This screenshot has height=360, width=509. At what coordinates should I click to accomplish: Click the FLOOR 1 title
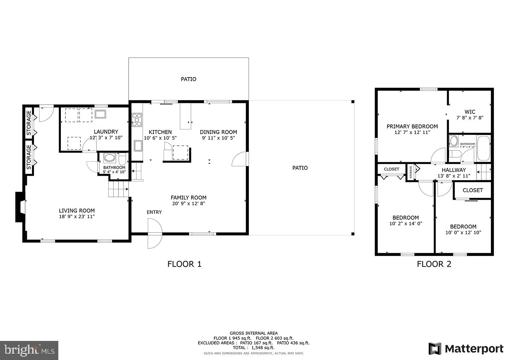click(x=184, y=264)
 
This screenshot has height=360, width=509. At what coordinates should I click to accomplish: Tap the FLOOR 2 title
click(x=434, y=264)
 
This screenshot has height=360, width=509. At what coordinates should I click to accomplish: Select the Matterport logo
click(x=466, y=349)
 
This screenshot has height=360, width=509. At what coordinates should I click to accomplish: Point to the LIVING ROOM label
click(x=77, y=210)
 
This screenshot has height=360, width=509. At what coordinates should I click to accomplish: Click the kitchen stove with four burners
click(x=137, y=120)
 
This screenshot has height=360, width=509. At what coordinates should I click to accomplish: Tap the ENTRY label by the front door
click(x=154, y=212)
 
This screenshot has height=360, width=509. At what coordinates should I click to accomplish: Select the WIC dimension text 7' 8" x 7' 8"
click(x=469, y=118)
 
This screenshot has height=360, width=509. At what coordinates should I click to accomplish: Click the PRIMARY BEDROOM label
click(x=412, y=126)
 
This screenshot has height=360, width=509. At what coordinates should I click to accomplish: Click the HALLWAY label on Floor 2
click(x=454, y=170)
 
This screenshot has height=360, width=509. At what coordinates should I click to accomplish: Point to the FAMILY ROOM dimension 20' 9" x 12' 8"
click(x=188, y=203)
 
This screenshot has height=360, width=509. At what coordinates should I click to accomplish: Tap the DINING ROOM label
click(x=218, y=132)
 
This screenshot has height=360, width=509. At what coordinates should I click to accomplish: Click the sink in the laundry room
click(x=101, y=114)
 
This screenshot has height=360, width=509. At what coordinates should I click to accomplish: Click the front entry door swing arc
click(x=154, y=233)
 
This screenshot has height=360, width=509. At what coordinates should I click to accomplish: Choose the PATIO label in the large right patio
click(x=300, y=168)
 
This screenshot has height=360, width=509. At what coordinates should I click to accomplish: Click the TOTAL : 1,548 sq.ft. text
click(x=253, y=348)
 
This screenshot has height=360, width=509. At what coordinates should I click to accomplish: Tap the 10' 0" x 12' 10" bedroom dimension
click(x=463, y=232)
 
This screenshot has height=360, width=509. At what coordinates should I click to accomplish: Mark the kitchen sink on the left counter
click(x=138, y=145)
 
